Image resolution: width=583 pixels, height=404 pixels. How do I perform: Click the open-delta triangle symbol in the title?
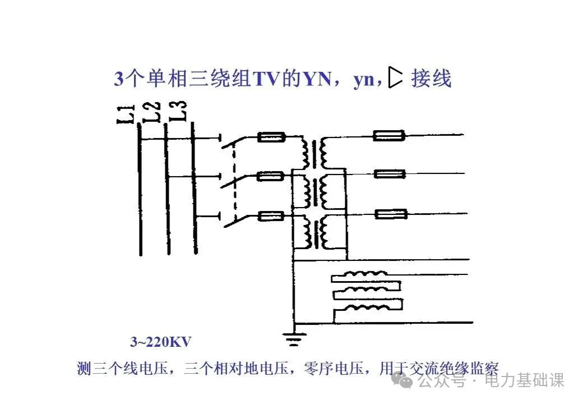tap(396, 79)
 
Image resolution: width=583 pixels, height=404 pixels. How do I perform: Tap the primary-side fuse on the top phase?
tap(272, 136)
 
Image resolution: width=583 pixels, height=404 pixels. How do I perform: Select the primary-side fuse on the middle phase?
tap(272, 176)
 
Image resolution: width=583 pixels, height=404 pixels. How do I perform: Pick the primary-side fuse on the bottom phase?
tap(272, 215)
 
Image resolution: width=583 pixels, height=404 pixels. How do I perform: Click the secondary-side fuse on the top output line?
tap(390, 135)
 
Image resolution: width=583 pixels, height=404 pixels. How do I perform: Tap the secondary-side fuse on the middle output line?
tap(390, 175)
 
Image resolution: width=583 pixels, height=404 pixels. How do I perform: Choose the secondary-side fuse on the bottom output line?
tap(390, 214)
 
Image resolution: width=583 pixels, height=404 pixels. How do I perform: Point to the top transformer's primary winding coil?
tap(306, 152)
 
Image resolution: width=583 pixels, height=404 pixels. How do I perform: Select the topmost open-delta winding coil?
tap(368, 276)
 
